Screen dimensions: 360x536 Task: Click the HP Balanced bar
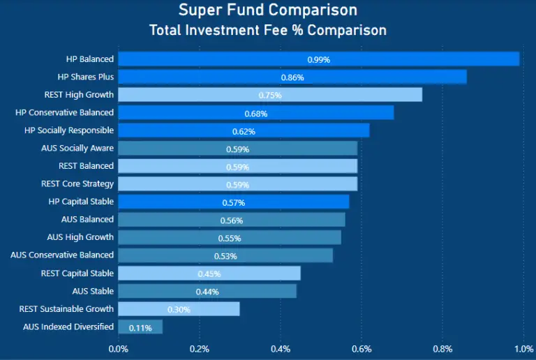(x=318, y=59)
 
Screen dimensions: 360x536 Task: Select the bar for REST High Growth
(x=270, y=95)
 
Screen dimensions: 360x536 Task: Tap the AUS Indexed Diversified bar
(x=140, y=327)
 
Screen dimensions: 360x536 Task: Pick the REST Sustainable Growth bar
(x=179, y=309)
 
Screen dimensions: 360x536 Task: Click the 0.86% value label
(x=292, y=77)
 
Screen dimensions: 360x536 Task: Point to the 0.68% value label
(x=256, y=114)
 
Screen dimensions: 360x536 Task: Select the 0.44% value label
(x=208, y=292)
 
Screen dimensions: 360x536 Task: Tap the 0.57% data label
(x=234, y=202)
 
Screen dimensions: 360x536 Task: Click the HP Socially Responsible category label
(x=69, y=130)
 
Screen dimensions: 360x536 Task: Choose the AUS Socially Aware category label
(x=77, y=148)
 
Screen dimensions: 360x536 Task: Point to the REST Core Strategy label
(x=77, y=184)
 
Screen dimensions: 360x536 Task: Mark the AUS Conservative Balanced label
(x=62, y=255)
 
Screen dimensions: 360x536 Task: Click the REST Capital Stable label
(x=77, y=273)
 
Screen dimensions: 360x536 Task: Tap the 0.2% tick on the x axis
(x=200, y=349)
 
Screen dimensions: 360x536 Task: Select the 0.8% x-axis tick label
(x=442, y=349)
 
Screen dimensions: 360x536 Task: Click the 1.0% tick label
(x=523, y=349)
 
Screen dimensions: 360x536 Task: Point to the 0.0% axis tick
(x=119, y=349)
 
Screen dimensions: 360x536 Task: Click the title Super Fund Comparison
(x=268, y=10)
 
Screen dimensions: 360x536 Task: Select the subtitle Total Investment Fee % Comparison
(x=268, y=31)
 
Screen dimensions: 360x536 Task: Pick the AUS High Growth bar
(x=230, y=238)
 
